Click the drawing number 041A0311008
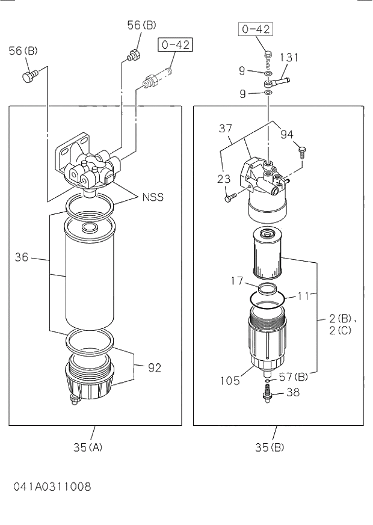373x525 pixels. tap(52, 486)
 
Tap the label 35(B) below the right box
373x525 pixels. tap(270, 447)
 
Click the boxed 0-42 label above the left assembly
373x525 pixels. tap(170, 44)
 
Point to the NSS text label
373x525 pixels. tap(153, 197)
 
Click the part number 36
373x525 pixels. tap(22, 258)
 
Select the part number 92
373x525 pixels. tap(155, 367)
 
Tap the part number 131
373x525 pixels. tap(289, 58)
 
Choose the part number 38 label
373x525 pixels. tap(292, 391)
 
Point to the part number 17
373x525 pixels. tap(236, 280)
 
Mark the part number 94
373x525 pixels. tap(287, 134)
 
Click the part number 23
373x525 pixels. tap(224, 179)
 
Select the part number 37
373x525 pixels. tap(226, 127)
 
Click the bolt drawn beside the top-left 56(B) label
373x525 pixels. tap(29, 76)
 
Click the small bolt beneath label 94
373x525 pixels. tap(302, 150)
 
